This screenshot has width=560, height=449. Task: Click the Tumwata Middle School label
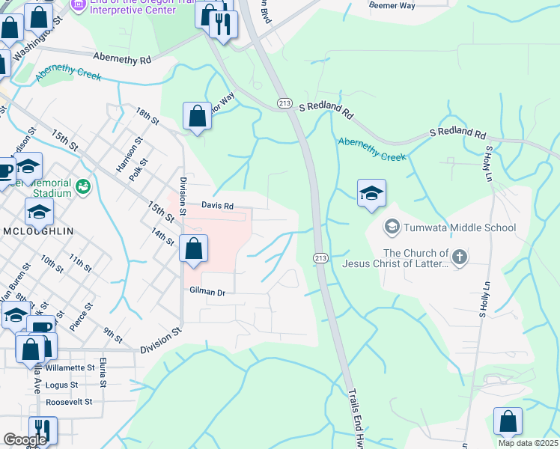click(460, 227)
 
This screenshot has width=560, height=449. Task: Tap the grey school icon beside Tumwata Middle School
click(392, 226)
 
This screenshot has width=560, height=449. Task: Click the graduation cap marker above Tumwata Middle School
click(371, 194)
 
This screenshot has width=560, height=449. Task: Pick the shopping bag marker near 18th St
click(197, 117)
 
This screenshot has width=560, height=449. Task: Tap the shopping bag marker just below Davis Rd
click(194, 249)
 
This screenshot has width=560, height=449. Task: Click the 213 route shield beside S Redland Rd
click(284, 103)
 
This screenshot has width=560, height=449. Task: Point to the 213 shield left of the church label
click(320, 258)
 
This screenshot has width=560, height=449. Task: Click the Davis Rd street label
click(217, 206)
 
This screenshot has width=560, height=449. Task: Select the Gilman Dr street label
click(207, 292)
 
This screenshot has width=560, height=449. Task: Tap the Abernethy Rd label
click(122, 58)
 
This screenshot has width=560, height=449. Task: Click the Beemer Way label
click(392, 5)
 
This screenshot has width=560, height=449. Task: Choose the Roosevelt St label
click(68, 401)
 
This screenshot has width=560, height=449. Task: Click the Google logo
click(25, 440)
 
